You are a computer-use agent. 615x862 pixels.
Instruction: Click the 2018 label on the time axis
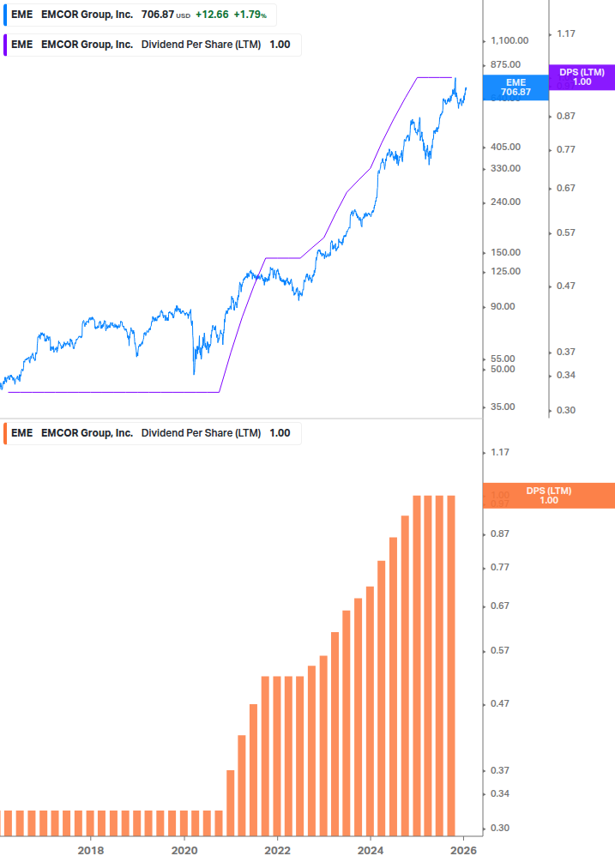(91, 851)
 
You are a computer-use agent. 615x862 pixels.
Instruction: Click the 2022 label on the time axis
(277, 851)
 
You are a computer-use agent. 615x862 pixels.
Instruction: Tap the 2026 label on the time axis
(463, 851)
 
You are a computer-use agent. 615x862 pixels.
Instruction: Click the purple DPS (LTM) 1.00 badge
(582, 77)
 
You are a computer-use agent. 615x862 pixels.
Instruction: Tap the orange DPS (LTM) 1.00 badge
(549, 495)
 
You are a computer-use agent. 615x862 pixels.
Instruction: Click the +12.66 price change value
(210, 15)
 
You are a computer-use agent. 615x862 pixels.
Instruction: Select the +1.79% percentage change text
(248, 15)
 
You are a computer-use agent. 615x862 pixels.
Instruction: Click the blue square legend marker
(4, 15)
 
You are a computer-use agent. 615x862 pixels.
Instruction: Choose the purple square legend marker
(4, 45)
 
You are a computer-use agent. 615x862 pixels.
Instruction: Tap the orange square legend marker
(4, 433)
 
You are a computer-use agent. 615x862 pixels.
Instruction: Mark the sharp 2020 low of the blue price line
(194, 374)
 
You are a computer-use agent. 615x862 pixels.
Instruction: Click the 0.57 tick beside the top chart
(565, 232)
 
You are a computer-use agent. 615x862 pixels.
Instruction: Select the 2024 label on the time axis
(371, 851)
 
